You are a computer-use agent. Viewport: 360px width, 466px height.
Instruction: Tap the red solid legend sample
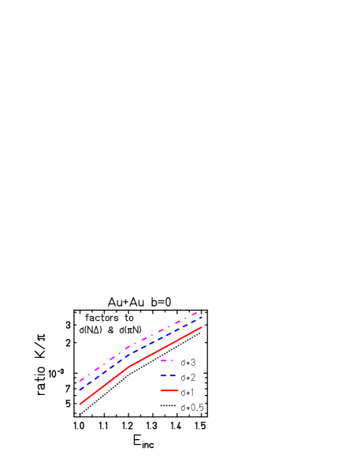169,390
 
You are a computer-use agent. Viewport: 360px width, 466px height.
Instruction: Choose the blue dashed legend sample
169,375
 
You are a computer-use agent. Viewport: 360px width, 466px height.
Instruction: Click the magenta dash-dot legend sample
167,361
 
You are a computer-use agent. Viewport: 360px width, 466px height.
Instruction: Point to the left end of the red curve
80,404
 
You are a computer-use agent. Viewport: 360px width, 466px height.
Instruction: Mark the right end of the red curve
202,327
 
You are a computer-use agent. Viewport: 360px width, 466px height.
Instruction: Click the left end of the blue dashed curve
80,390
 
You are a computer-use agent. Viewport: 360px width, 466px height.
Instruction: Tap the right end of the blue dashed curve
202,318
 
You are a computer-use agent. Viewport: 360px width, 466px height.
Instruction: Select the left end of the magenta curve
80,381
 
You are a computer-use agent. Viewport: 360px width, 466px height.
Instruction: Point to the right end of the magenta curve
197,313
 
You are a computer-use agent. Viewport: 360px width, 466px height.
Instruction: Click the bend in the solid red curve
128,367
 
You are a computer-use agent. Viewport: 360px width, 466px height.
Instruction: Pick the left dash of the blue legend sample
163,375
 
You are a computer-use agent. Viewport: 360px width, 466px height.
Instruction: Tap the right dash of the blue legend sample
173,375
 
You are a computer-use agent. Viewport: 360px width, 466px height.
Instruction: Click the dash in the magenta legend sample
164,361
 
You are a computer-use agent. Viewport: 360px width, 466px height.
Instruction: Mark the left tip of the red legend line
161,390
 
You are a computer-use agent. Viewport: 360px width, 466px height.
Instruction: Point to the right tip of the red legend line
179,390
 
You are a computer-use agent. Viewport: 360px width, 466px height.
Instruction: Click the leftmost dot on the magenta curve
87,376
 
